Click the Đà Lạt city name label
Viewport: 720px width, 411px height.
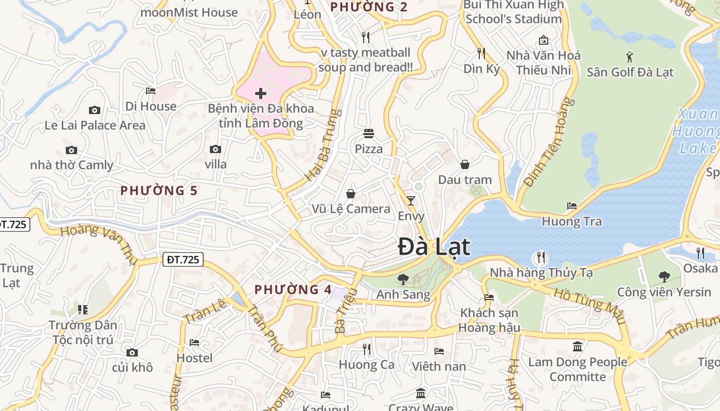tap(435, 247)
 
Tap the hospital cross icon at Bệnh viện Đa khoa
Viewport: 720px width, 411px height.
tap(261, 94)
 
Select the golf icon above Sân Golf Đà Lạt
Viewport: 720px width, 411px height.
tap(630, 56)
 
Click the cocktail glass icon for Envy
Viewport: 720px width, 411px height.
tap(410, 200)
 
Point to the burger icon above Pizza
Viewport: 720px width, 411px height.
tap(369, 134)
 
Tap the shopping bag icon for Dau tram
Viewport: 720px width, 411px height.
tap(465, 164)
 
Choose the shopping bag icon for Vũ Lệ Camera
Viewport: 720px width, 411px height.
tap(351, 194)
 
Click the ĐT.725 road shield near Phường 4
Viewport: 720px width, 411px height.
tap(183, 259)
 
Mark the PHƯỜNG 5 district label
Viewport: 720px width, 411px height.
tap(159, 191)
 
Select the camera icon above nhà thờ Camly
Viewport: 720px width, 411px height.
tap(71, 151)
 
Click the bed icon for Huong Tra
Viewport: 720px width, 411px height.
tap(572, 206)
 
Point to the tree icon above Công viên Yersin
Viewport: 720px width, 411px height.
tap(664, 277)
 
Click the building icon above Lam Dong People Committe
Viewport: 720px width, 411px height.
tap(578, 346)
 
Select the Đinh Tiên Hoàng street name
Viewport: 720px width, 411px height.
tap(549, 142)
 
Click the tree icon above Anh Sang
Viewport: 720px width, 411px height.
tap(403, 279)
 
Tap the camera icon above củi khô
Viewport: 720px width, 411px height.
tap(132, 352)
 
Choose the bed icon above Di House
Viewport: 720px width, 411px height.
tap(151, 91)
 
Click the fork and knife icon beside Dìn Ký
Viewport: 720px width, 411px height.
tap(481, 53)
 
